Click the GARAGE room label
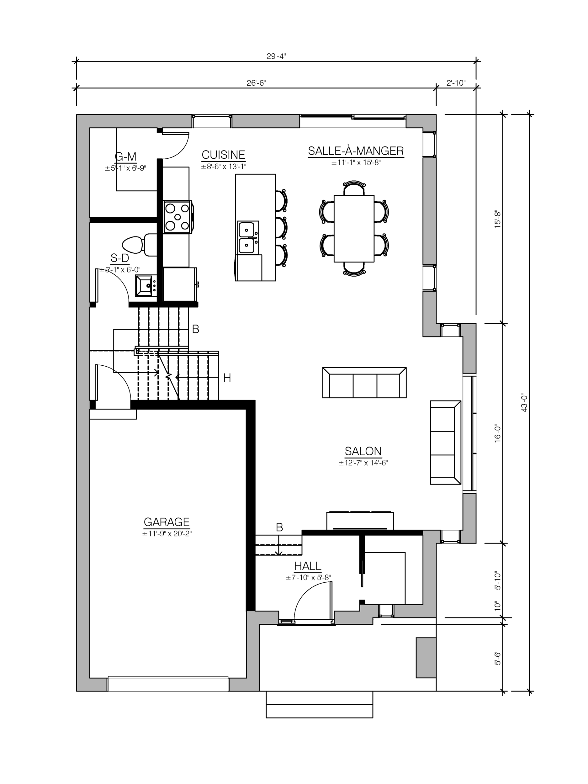(167, 522)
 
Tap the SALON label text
(363, 451)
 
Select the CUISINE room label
(223, 155)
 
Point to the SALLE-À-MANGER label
(356, 151)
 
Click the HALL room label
(308, 566)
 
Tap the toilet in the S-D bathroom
(136, 245)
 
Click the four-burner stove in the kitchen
(177, 217)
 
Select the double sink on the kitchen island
(248, 237)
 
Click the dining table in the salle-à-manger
(354, 229)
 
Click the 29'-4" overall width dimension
(276, 56)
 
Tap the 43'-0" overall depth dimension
(525, 403)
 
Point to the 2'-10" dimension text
(455, 83)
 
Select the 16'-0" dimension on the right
(498, 433)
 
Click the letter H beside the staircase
(227, 378)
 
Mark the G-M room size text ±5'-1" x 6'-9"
(125, 168)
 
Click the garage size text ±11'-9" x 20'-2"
(167, 534)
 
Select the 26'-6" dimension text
(256, 83)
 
